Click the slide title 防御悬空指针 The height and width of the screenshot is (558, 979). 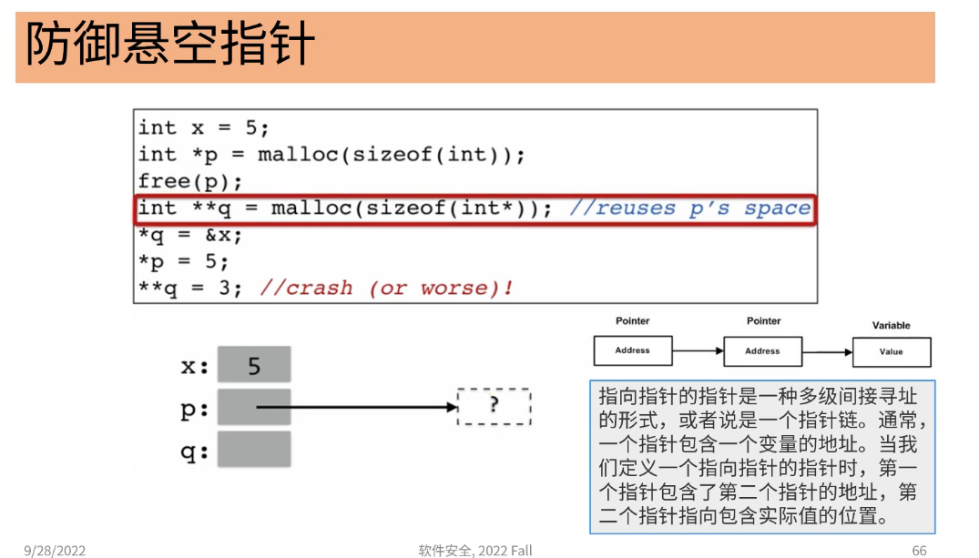(x=170, y=46)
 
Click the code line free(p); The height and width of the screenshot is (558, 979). (x=190, y=180)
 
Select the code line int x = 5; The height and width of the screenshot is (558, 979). (x=203, y=127)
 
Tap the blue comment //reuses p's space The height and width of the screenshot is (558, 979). (x=689, y=208)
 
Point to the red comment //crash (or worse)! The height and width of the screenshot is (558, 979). (x=387, y=289)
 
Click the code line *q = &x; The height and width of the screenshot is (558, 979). (x=190, y=235)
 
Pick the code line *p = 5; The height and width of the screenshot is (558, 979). (x=183, y=262)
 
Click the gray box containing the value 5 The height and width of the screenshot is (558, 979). (x=254, y=365)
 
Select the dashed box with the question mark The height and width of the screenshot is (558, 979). (x=494, y=407)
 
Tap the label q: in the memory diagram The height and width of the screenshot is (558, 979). (x=194, y=451)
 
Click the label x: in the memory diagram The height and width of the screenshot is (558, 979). (x=194, y=367)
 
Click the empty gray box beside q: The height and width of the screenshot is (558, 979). (x=254, y=450)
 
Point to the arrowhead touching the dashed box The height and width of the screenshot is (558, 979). (x=452, y=407)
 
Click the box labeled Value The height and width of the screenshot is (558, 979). (x=891, y=352)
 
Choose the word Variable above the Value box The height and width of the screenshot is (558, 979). (x=891, y=325)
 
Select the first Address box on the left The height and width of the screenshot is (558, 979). (x=632, y=350)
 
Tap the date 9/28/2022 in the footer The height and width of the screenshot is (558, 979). (x=55, y=550)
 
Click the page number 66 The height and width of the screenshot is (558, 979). (x=919, y=550)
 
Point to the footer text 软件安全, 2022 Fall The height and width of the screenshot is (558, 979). (x=474, y=550)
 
